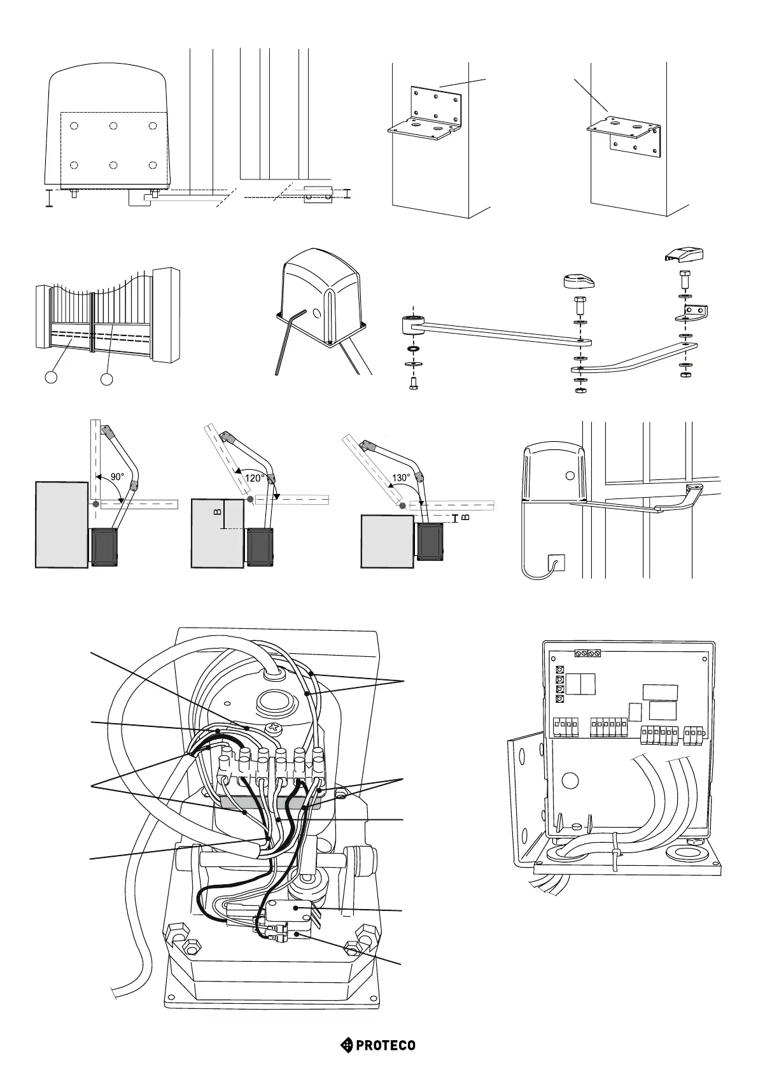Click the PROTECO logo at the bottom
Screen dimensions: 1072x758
pos(378,1045)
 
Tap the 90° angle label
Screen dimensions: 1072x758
pos(117,476)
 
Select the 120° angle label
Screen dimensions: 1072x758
pos(254,476)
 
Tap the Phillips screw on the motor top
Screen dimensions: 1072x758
pos(274,728)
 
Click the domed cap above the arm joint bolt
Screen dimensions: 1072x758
pos(579,281)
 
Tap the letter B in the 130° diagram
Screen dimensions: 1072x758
pos(465,518)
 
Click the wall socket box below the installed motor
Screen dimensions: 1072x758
pos(556,563)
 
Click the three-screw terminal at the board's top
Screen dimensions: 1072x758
pos(588,654)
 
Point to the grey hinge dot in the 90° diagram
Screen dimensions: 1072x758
pos(95,504)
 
